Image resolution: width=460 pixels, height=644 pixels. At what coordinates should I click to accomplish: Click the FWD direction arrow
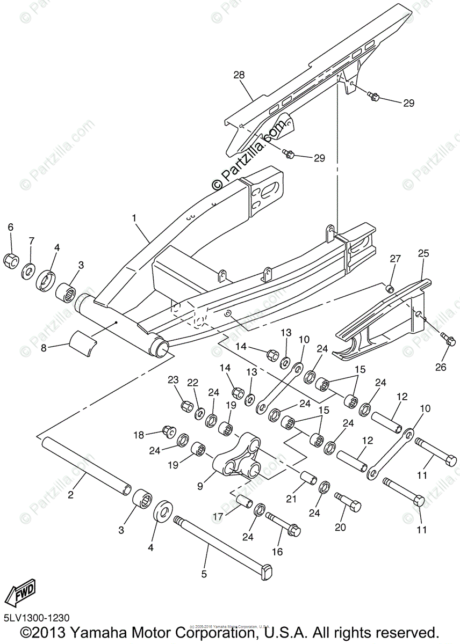coord(20,594)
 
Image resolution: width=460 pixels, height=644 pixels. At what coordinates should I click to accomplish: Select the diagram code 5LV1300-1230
coord(36,619)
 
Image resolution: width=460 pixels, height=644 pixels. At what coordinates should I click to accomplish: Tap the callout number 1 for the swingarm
coord(134,218)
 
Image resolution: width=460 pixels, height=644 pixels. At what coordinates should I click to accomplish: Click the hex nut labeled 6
coord(11,260)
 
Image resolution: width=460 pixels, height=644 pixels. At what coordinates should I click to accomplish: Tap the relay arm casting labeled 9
coord(236,462)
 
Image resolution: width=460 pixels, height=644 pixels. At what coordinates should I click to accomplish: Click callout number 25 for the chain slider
coord(422,253)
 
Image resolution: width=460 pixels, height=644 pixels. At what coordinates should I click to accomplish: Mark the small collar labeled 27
coord(391,290)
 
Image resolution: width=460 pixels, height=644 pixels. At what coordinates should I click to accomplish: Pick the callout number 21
coord(291,499)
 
